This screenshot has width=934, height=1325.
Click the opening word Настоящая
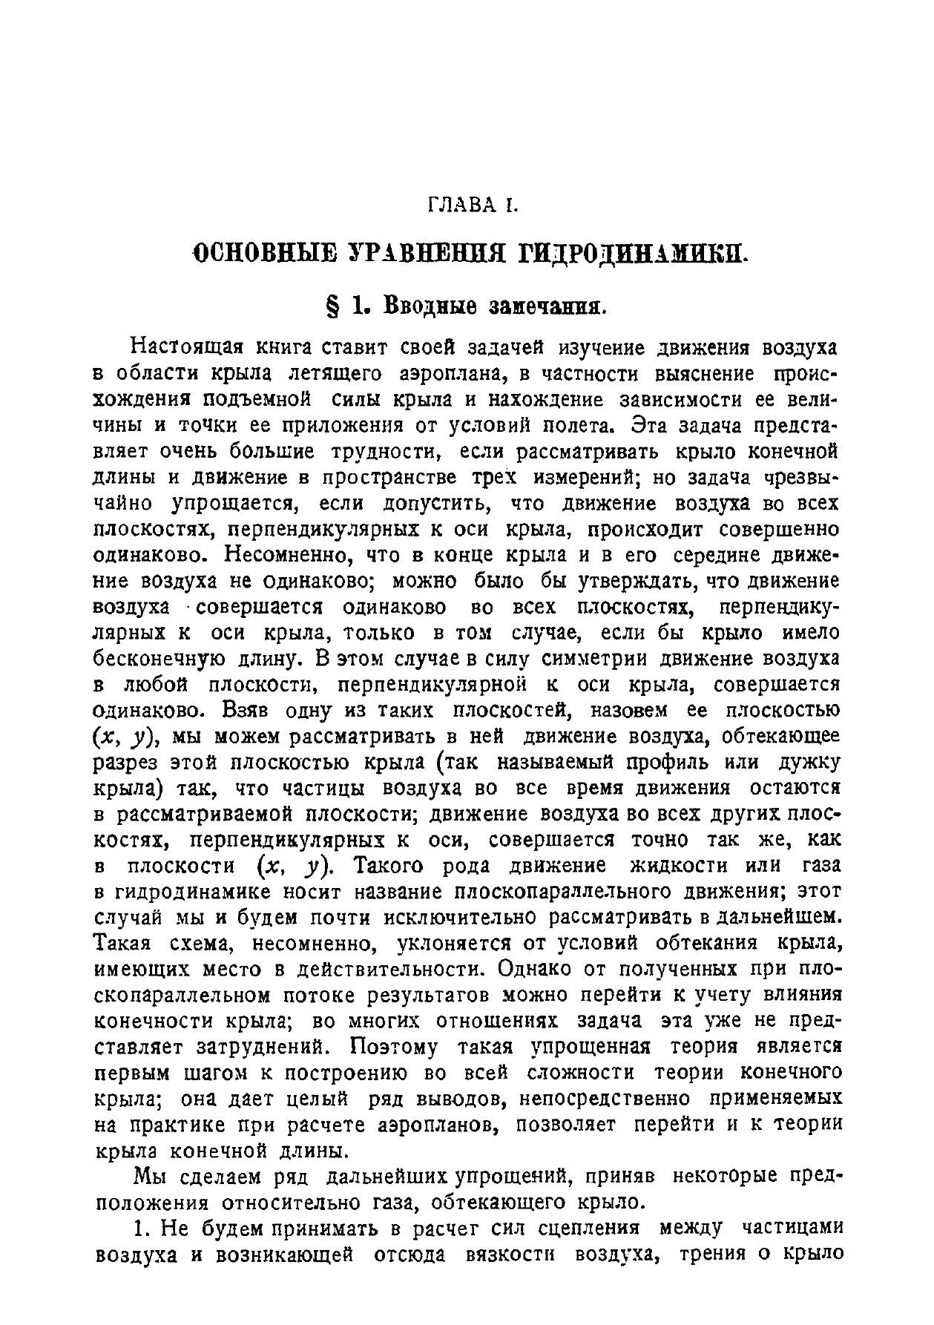click(x=185, y=347)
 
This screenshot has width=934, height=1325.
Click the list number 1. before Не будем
click(x=143, y=1229)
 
